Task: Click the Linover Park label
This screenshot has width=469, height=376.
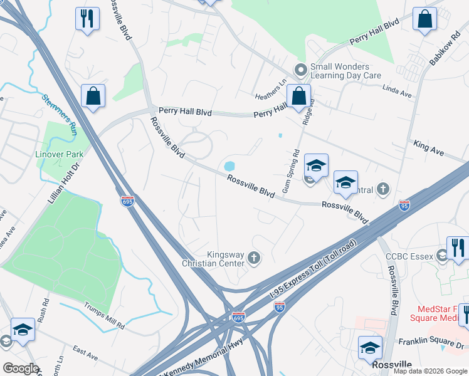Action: coord(58,154)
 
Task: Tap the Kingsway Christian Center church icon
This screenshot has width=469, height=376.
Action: coord(254,258)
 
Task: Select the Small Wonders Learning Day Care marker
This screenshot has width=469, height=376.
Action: coord(301,70)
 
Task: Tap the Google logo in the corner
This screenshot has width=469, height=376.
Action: coord(21,368)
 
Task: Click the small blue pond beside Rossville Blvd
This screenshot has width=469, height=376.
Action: coord(229,167)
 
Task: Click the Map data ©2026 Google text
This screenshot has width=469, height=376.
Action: coord(429,371)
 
